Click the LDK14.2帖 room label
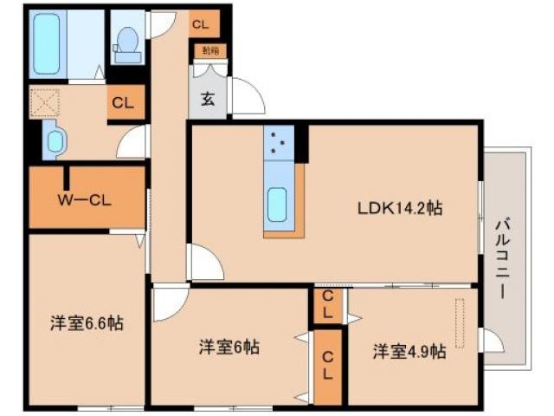coord(401,208)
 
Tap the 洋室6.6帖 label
coord(86,324)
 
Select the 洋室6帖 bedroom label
coord(229,347)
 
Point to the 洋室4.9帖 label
coord(409,352)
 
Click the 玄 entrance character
coord(209,98)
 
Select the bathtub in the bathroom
coord(54,43)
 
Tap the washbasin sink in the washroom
coord(55,141)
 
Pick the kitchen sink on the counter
coord(280,204)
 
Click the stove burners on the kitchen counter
coord(280,144)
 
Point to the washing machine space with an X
coord(44,101)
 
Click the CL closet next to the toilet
coord(200,25)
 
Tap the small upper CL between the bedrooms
coord(328,304)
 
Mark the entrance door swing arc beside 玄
coord(245,97)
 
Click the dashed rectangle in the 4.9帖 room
coord(459,322)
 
